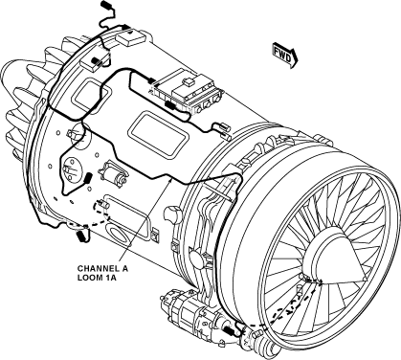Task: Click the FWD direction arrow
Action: [x=285, y=55]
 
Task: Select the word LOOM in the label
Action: [x=90, y=278]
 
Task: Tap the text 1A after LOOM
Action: [x=110, y=278]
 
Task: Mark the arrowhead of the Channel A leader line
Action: [x=170, y=181]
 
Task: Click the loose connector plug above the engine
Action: [x=106, y=5]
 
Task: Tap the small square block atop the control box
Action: [x=189, y=81]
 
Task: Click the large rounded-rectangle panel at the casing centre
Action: [x=158, y=134]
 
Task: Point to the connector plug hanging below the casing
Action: [x=80, y=236]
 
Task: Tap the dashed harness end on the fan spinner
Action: [x=319, y=281]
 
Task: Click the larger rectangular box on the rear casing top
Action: [x=131, y=38]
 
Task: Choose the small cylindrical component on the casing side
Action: [x=113, y=173]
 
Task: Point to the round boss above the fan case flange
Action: [x=173, y=214]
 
